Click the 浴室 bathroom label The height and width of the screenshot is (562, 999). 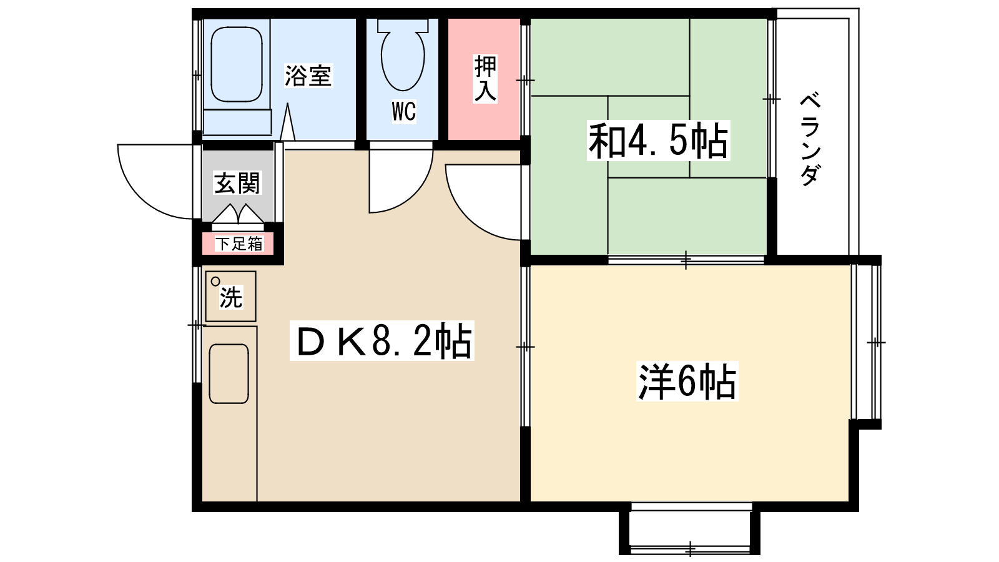click(308, 76)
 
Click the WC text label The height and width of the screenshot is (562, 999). click(403, 112)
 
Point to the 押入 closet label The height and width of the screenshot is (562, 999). click(485, 79)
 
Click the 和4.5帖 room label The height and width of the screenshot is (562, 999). click(658, 141)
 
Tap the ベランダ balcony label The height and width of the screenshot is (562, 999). click(810, 139)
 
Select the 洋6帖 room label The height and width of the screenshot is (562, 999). click(687, 381)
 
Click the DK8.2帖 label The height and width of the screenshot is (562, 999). click(382, 341)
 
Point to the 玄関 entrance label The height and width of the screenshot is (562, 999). click(237, 183)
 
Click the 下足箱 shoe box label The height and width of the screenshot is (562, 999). click(239, 244)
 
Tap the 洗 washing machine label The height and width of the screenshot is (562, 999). click(230, 297)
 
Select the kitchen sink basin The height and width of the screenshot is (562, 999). click(229, 373)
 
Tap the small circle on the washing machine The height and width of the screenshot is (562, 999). click(215, 281)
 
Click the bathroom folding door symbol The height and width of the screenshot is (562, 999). click(287, 123)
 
